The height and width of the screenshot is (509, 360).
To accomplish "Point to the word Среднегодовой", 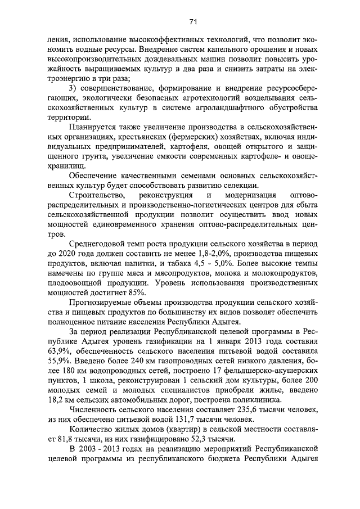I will coord(96,244).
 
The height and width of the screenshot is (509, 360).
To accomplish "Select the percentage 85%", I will coord(137,292).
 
